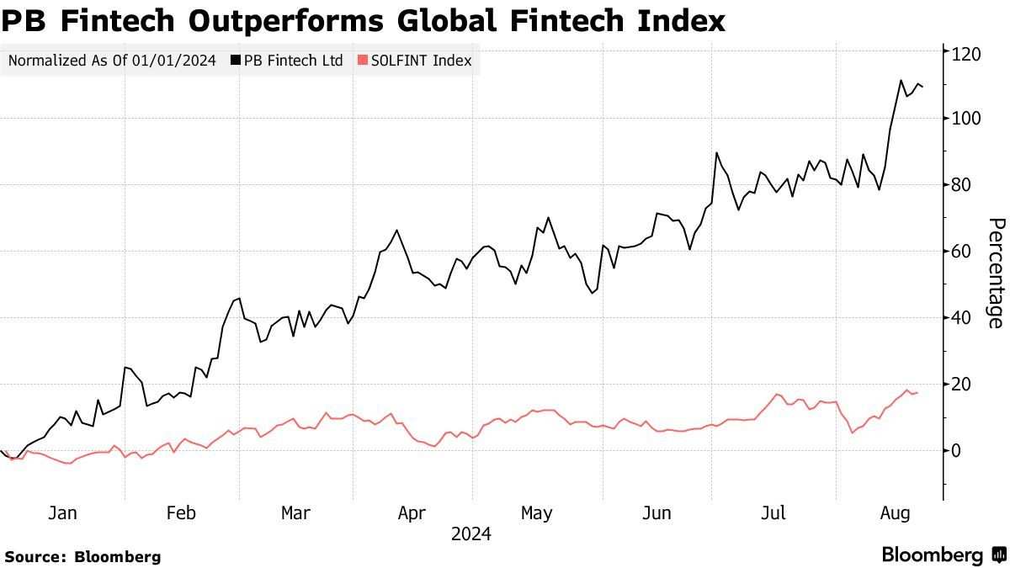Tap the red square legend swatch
[363, 61]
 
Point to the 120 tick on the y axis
[966, 54]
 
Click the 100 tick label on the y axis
[966, 119]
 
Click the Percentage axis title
[996, 273]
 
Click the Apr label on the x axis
[412, 513]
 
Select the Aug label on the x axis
[894, 513]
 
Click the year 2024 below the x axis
[471, 534]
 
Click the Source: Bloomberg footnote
[82, 556]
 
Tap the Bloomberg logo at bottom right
[943, 555]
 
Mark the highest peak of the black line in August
[901, 81]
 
